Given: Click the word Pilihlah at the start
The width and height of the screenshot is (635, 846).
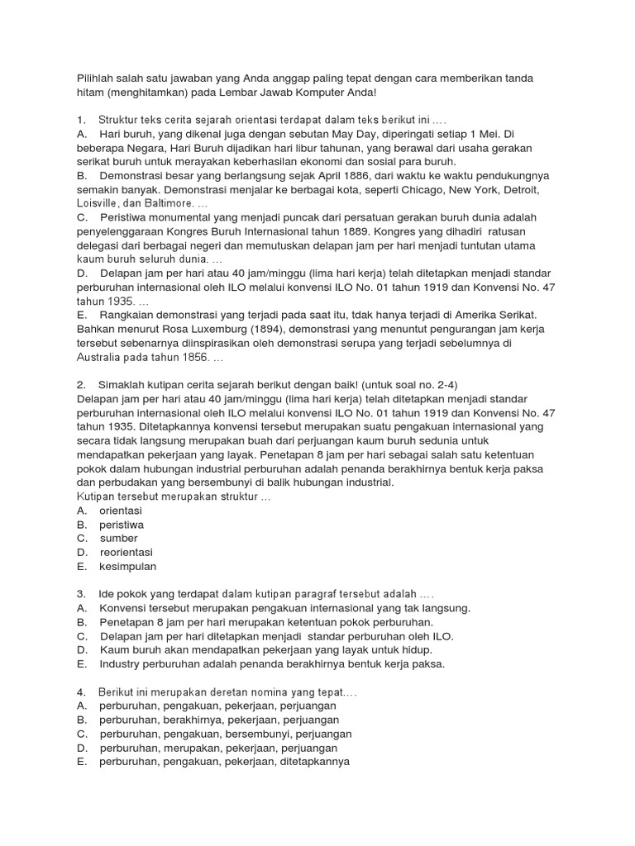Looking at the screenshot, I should (96, 78).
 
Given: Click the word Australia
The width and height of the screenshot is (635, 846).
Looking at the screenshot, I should (101, 359).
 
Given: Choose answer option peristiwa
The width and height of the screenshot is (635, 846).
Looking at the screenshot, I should (122, 525).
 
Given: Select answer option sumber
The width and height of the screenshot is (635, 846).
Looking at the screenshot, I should (119, 539).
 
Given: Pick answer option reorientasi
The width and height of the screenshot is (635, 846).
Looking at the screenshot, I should (126, 553).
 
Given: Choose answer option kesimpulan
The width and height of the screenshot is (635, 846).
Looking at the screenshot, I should (128, 567).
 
